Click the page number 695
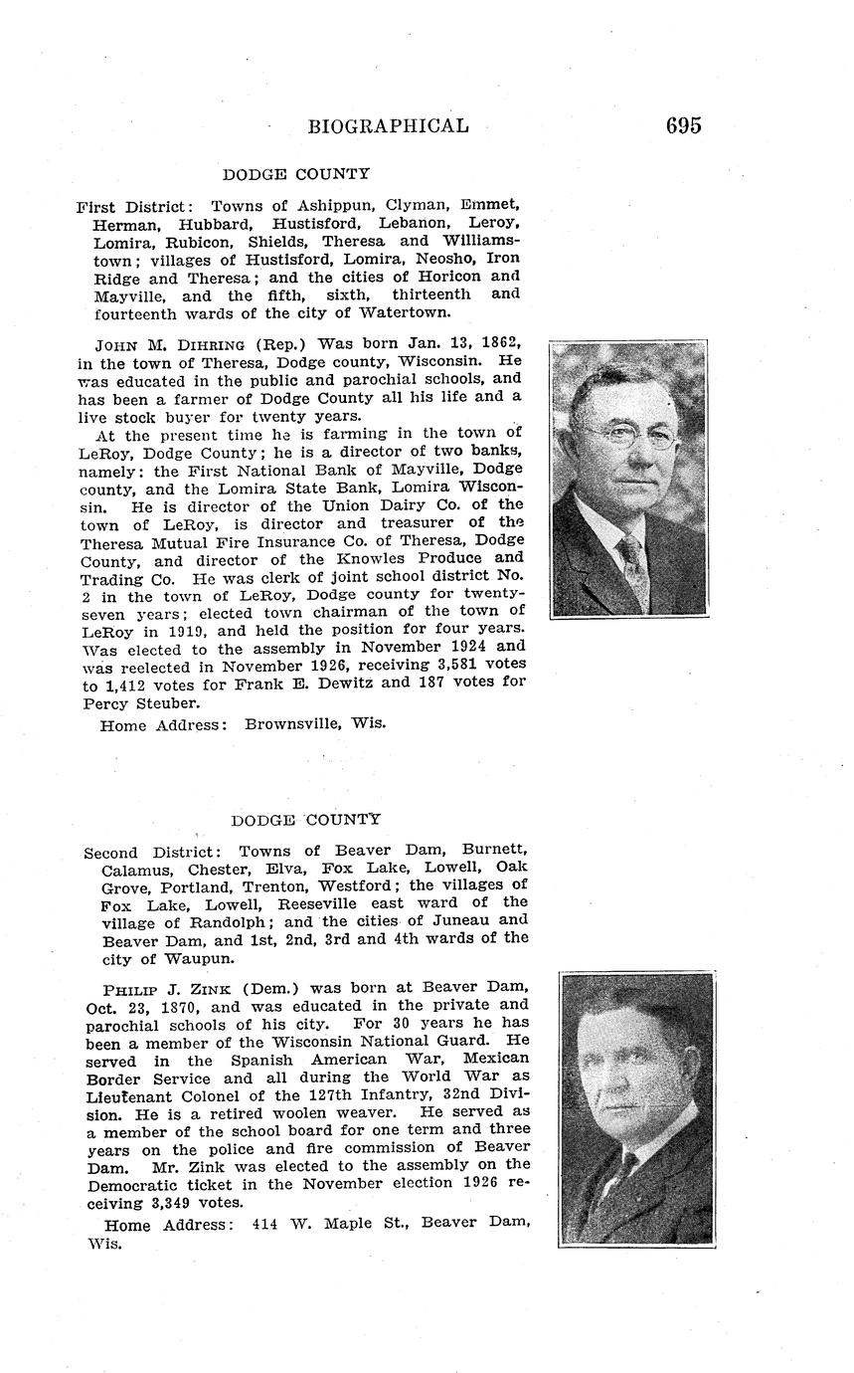click(684, 125)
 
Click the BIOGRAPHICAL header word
click(388, 126)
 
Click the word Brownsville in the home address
click(293, 724)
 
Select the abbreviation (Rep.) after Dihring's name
click(283, 345)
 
